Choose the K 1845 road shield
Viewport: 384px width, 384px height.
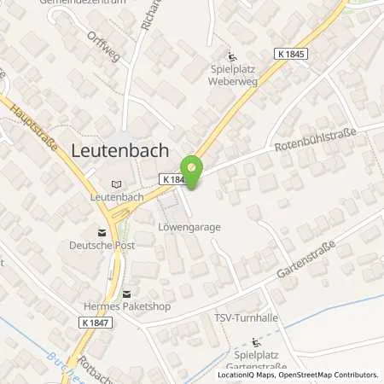pyautogui.click(x=292, y=53)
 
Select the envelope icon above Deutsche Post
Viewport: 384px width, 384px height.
pyautogui.click(x=102, y=231)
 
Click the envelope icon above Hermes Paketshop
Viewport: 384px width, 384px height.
pyautogui.click(x=127, y=293)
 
